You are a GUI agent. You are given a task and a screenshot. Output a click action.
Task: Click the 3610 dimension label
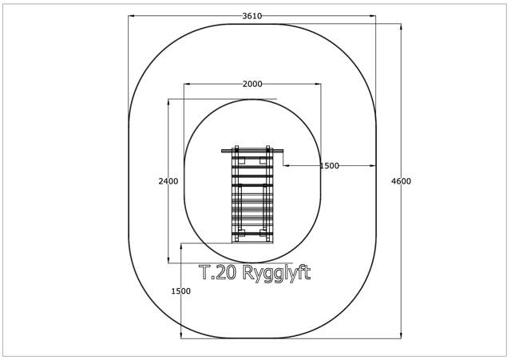[252, 16]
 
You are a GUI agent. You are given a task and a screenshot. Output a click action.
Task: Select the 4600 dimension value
[401, 181]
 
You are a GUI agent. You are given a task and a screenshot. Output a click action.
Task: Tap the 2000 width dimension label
[252, 84]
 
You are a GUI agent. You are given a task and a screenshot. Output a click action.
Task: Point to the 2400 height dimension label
[168, 181]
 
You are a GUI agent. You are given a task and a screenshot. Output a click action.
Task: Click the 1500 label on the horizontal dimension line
[329, 166]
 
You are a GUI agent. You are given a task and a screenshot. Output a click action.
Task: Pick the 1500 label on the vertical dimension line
[181, 291]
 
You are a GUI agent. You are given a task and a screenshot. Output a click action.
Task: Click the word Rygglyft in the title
[276, 273]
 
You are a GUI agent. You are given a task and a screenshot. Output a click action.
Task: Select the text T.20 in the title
[217, 272]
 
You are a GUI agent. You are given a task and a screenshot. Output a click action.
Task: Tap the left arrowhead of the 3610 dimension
[131, 16]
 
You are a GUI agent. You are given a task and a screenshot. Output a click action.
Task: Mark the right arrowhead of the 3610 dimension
[373, 16]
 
